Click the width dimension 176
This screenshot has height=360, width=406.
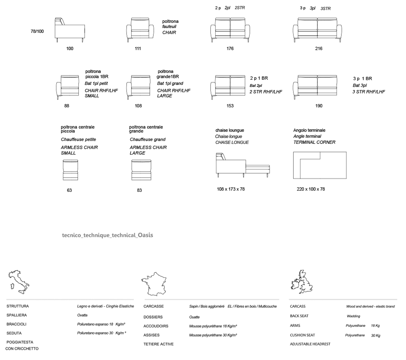tap(230, 48)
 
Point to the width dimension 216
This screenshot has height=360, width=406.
tap(319, 48)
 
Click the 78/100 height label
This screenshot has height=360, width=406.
tap(37, 31)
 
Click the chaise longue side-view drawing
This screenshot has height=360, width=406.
tap(243, 165)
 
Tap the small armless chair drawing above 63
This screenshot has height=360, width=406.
tap(70, 170)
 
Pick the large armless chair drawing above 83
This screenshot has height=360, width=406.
tap(141, 170)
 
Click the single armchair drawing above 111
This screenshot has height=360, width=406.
tap(140, 30)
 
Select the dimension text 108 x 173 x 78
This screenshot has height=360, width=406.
tap(231, 189)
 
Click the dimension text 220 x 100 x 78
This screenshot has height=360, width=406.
tap(311, 189)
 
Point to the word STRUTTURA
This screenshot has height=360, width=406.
tap(17, 306)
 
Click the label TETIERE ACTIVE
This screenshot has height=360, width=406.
tap(158, 344)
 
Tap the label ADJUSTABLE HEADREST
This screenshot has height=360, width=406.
tap(310, 344)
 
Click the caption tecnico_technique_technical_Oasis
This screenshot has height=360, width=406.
tap(108, 235)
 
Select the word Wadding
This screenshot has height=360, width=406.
tap(354, 316)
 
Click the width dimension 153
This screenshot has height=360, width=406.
tap(230, 106)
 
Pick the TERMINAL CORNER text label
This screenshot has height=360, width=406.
tap(314, 142)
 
